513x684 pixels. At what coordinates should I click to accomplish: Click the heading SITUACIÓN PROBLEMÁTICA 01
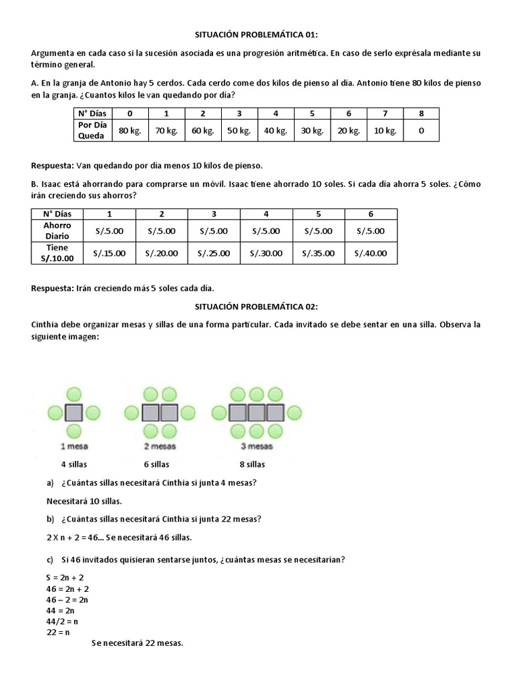[256, 34]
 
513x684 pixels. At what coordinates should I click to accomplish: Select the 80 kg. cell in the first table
[130, 130]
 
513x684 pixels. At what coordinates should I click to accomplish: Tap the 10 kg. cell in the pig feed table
[385, 130]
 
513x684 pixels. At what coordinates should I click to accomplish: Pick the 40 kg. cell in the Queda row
[275, 130]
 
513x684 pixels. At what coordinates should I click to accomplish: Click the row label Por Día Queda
[92, 130]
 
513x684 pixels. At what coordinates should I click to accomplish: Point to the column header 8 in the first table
[421, 114]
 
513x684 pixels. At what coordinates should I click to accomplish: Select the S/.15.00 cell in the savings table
[109, 253]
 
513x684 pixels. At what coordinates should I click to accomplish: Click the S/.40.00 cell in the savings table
[371, 253]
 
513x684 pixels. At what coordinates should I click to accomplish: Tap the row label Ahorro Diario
[57, 231]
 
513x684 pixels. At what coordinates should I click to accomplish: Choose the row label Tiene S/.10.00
[57, 253]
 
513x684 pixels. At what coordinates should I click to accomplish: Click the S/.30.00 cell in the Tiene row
[266, 253]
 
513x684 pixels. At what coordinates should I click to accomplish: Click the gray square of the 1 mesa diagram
[73, 411]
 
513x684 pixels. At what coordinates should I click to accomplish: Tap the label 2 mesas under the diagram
[160, 446]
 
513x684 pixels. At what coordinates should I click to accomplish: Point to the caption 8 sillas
[252, 464]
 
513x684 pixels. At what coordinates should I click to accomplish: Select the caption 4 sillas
[74, 464]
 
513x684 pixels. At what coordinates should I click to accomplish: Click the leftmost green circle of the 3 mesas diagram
[219, 411]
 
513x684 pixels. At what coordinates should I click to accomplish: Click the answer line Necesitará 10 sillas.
[84, 500]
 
